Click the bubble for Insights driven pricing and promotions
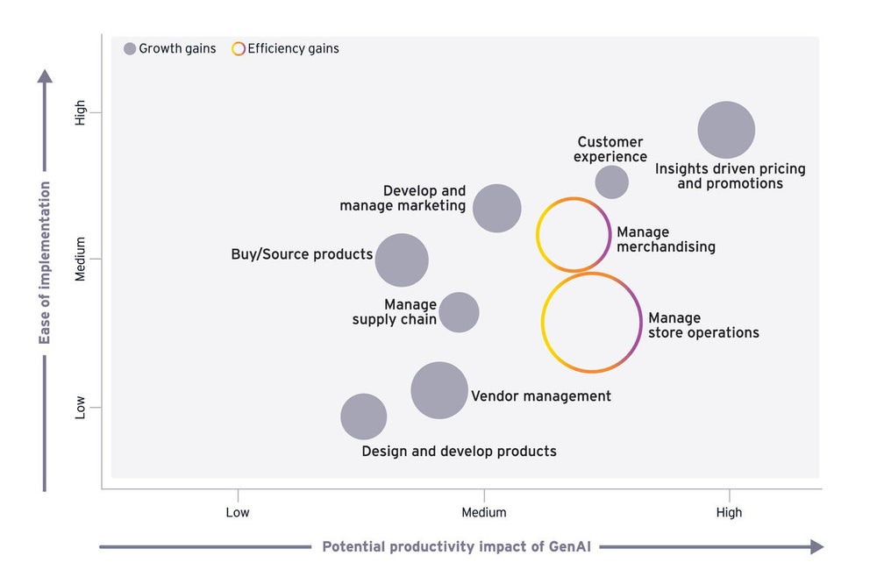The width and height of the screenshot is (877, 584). pos(726,130)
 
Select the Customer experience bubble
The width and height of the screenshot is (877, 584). pos(611,182)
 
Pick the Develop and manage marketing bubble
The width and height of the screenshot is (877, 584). pos(497,208)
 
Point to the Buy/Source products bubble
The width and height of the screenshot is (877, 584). pos(402,260)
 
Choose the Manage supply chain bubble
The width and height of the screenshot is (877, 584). pos(459,311)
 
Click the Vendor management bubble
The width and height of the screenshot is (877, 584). pos(439,390)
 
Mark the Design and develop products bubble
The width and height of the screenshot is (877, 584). pos(363,417)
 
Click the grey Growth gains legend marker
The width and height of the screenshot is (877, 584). pos(130,49)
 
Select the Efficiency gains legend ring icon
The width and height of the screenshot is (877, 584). pos(238,49)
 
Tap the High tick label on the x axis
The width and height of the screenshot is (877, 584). pos(729,512)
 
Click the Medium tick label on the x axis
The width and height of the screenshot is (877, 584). pos(484,512)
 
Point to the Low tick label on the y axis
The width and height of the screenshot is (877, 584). pos(81,407)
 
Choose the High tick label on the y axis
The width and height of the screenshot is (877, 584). pos(81,112)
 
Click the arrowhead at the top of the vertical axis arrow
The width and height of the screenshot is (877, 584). pos(45,76)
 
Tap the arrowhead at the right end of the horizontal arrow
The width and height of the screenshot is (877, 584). pos(816,546)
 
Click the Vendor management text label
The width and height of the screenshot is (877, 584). pos(541,396)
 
